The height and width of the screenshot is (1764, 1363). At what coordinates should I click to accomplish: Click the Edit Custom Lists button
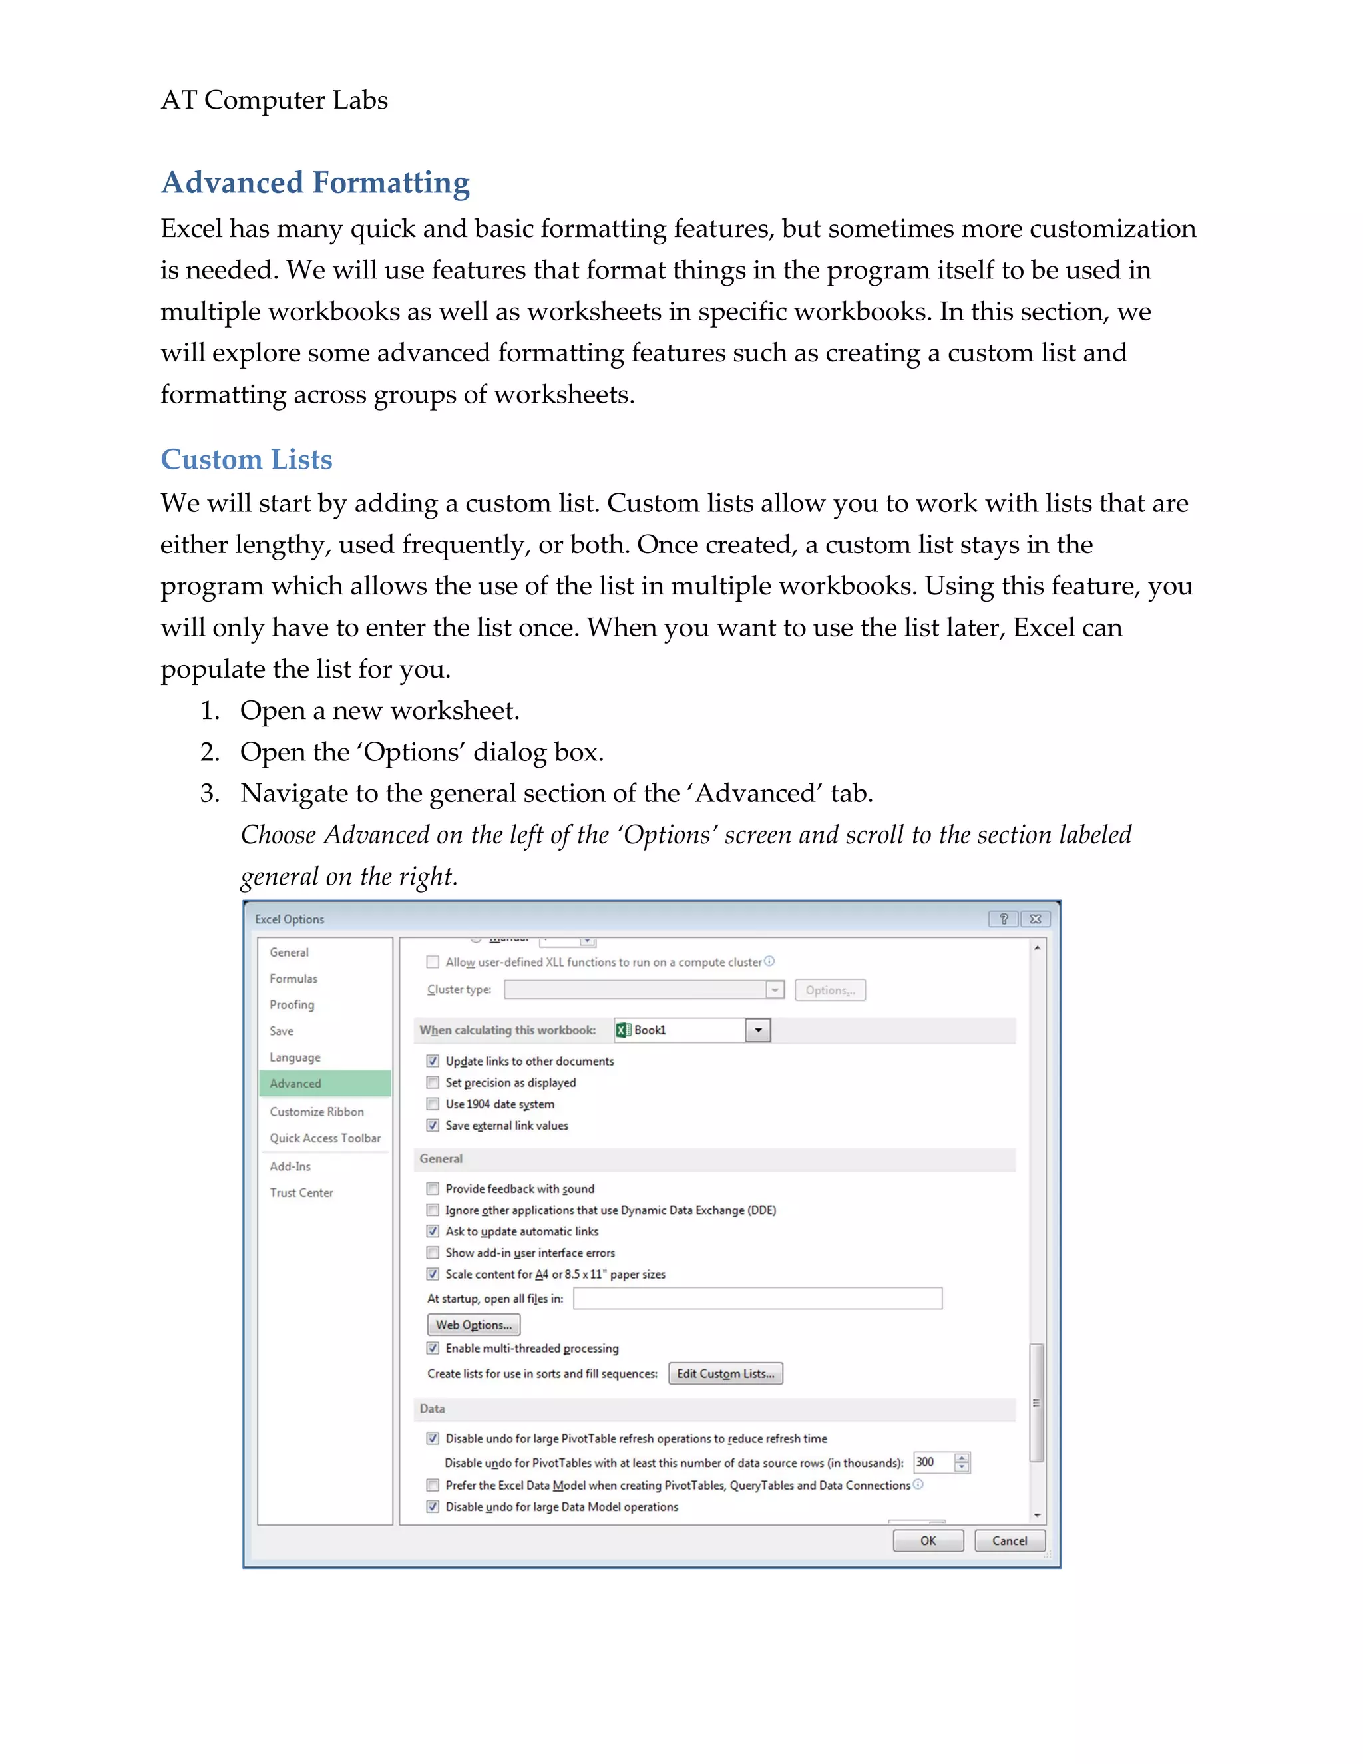point(725,1373)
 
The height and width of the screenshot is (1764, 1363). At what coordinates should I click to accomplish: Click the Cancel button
point(1010,1540)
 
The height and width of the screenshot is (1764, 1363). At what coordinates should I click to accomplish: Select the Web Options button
point(473,1325)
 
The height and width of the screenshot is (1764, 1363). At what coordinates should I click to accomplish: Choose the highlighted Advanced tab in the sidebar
point(325,1083)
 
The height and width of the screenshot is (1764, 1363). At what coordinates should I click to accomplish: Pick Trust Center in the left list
point(301,1192)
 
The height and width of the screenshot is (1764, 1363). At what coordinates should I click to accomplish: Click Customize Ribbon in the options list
point(317,1112)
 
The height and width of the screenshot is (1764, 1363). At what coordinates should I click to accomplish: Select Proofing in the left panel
point(292,1004)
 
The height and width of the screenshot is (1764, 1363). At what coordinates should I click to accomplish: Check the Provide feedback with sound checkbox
point(433,1188)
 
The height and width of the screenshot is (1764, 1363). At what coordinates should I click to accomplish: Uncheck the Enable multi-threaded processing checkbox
point(433,1348)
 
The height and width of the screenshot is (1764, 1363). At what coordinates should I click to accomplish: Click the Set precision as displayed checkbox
point(433,1082)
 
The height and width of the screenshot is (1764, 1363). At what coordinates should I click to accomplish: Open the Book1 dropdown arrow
point(757,1030)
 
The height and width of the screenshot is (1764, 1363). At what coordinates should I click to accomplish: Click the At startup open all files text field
point(757,1298)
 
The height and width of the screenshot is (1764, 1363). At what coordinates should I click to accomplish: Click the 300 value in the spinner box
point(930,1462)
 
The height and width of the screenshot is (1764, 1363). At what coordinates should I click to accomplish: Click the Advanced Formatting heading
point(315,182)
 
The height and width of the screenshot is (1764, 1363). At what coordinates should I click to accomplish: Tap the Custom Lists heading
point(246,459)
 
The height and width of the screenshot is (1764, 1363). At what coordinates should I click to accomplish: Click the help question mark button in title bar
point(1003,919)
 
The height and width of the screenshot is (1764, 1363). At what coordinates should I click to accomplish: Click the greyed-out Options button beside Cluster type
point(829,991)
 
